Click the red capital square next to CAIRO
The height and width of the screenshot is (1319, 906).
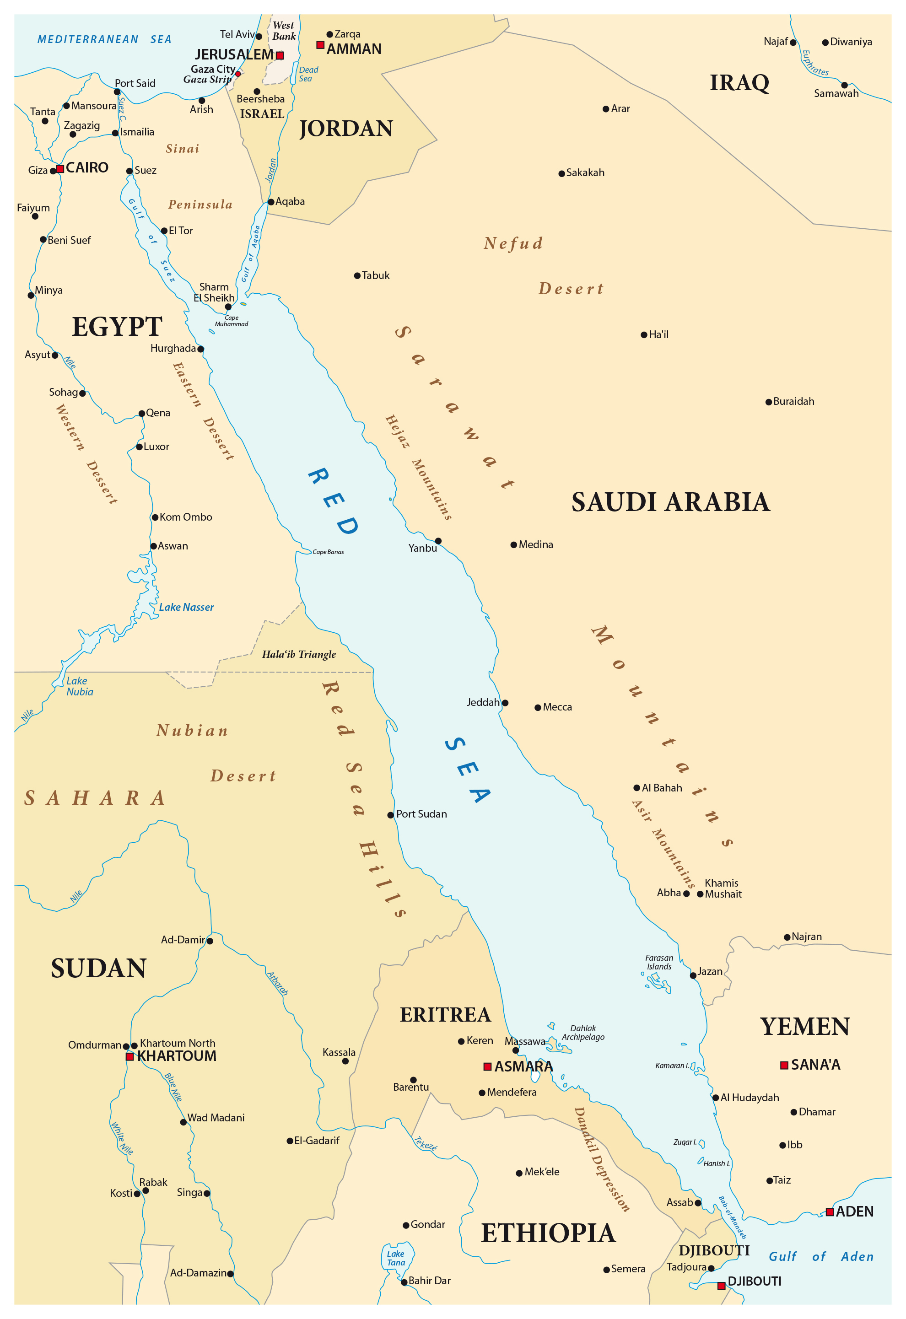point(60,169)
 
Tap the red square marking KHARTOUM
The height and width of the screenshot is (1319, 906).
point(129,1057)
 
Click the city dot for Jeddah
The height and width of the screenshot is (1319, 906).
point(505,703)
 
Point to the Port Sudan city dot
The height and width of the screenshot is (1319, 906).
point(391,815)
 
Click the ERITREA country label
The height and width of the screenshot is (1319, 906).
point(445,1015)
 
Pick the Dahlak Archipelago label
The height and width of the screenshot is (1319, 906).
point(583,1033)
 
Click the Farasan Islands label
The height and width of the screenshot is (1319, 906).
point(659,962)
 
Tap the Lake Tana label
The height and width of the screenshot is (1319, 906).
point(396,1258)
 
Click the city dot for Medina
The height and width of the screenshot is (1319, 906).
point(514,545)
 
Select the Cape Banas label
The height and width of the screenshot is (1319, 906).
point(328,552)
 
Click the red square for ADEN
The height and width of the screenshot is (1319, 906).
point(830,1212)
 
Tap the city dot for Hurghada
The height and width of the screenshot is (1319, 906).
point(200,349)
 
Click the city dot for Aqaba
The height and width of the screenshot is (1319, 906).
point(271,202)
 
